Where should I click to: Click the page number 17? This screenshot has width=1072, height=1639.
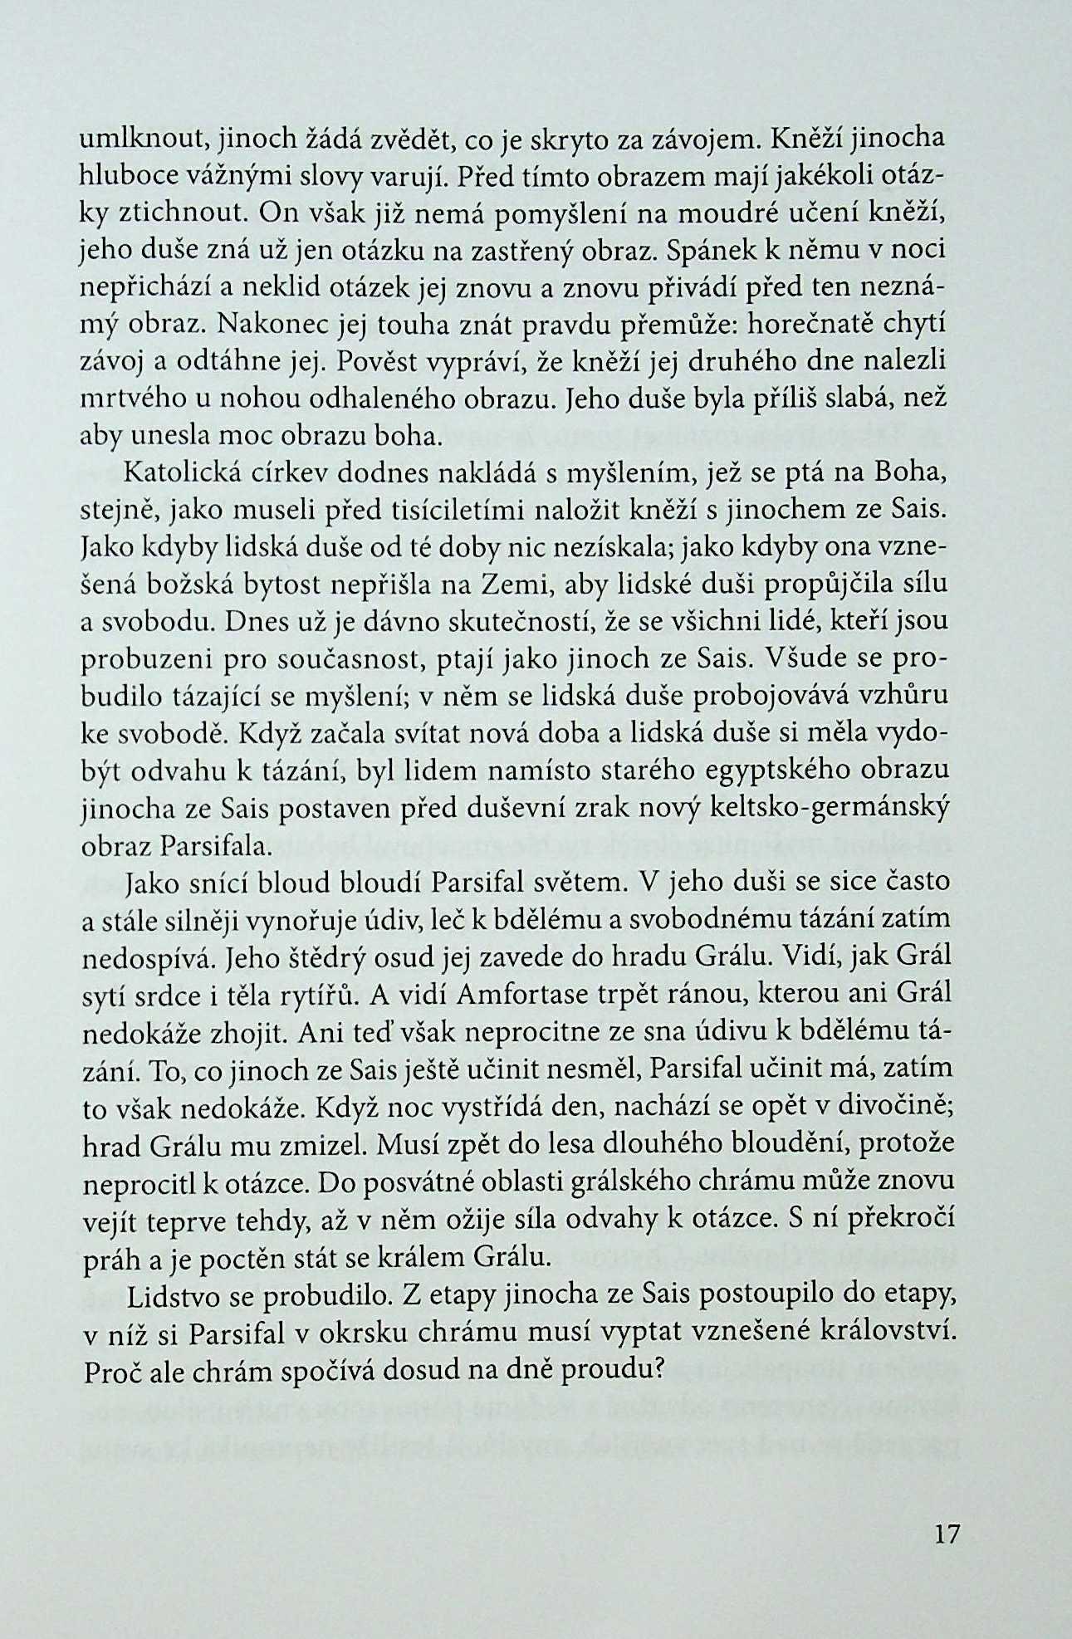pyautogui.click(x=947, y=1533)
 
